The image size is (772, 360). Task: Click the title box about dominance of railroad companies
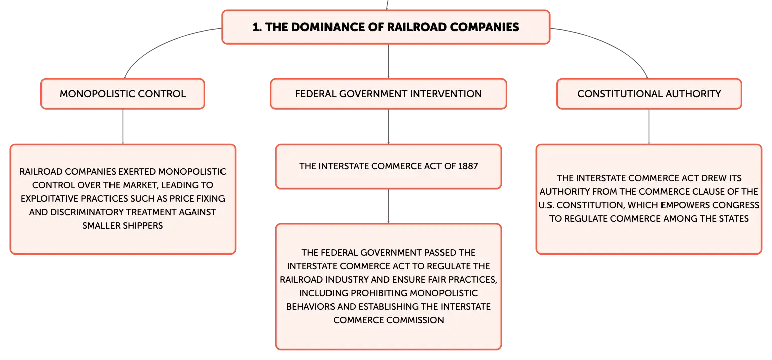click(386, 27)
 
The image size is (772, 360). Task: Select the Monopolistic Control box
click(123, 94)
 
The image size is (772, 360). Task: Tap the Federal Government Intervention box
click(388, 94)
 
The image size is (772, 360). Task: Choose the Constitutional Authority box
click(649, 94)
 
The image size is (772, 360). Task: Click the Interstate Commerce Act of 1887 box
click(388, 166)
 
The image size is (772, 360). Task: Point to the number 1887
click(468, 166)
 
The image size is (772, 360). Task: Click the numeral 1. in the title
click(257, 27)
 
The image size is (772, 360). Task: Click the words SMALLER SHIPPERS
click(123, 225)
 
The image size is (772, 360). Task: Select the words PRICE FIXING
click(197, 198)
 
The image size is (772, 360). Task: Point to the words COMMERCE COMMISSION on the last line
click(388, 320)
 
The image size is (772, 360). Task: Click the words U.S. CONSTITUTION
click(582, 205)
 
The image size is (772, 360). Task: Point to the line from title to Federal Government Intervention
click(388, 61)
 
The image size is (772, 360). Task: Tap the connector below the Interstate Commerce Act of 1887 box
click(388, 206)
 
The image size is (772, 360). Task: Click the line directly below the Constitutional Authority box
click(649, 127)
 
